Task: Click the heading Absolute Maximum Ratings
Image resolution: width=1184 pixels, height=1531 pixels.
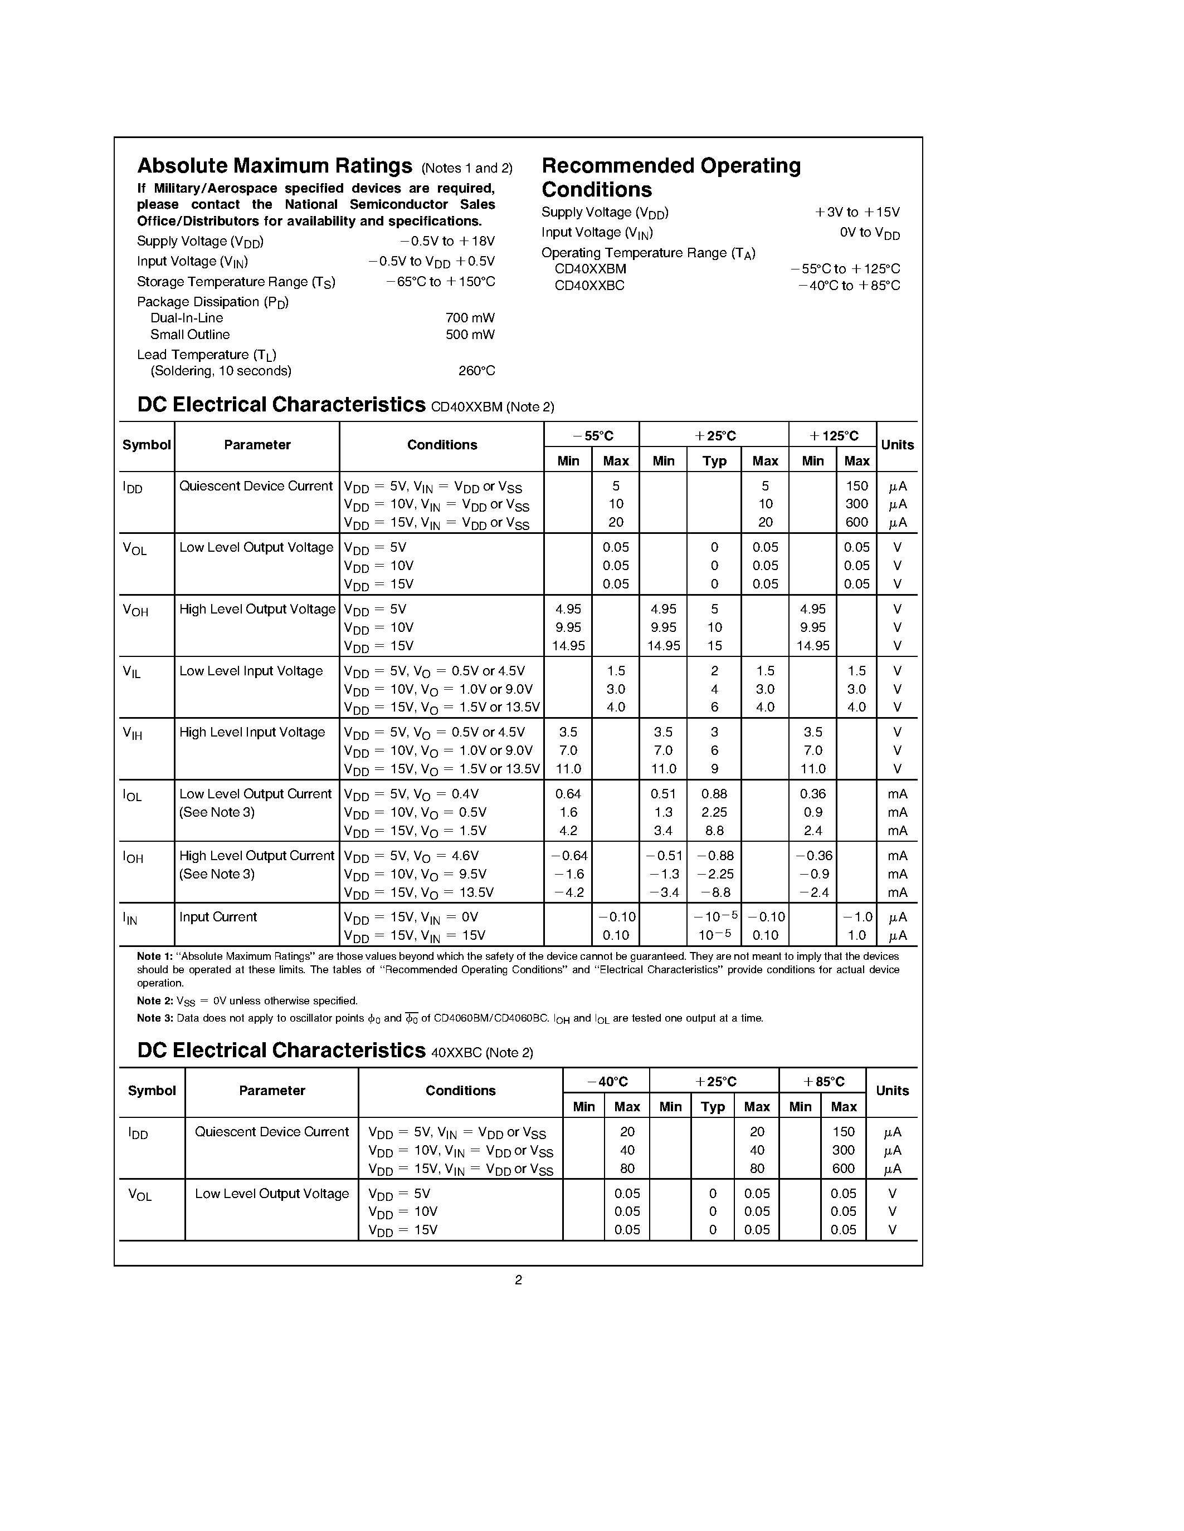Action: coord(274,166)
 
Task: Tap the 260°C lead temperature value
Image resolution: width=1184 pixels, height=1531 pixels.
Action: coord(476,371)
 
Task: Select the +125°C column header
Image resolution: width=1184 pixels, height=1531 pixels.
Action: coord(832,436)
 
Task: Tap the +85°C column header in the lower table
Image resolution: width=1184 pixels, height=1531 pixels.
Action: coord(823,1082)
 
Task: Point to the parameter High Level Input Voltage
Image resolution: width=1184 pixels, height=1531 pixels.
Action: coord(252,733)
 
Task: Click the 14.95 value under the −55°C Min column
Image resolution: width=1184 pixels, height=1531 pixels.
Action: coord(568,646)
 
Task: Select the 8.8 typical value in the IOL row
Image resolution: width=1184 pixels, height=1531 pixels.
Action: coord(714,831)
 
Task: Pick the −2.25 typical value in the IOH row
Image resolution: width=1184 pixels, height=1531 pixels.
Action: coord(714,874)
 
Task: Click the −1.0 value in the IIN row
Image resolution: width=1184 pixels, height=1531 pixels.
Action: coord(856,917)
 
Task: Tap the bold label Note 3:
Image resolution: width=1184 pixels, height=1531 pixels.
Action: coord(154,1018)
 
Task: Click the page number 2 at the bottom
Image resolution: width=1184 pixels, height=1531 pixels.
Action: coord(518,1280)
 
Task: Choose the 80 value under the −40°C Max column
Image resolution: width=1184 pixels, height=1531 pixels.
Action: coord(627,1169)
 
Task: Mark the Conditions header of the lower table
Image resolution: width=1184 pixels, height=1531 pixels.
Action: coord(460,1091)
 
